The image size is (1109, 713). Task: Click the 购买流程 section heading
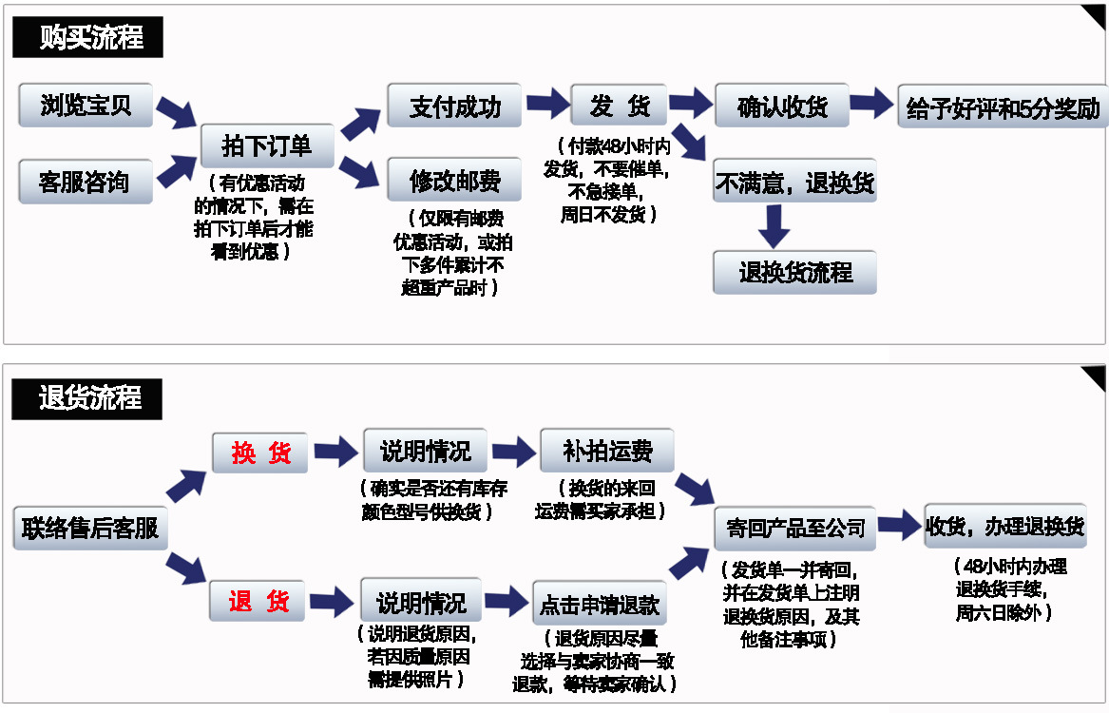pyautogui.click(x=88, y=38)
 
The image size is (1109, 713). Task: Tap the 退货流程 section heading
pyautogui.click(x=88, y=397)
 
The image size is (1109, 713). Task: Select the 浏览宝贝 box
pyautogui.click(x=86, y=106)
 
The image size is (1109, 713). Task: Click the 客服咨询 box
pyautogui.click(x=86, y=182)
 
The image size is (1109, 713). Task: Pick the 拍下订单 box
pyautogui.click(x=267, y=145)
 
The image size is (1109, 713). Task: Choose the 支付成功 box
pyautogui.click(x=454, y=106)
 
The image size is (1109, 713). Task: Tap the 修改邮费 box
pyautogui.click(x=454, y=181)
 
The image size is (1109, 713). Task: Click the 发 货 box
pyautogui.click(x=619, y=106)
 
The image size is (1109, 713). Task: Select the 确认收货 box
pyautogui.click(x=781, y=106)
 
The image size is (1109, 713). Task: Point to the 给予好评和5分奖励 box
pyautogui.click(x=1003, y=107)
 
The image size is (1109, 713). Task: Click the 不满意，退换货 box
pyautogui.click(x=794, y=181)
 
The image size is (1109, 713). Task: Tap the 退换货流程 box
pyautogui.click(x=794, y=273)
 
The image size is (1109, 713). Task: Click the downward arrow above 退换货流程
pyautogui.click(x=775, y=226)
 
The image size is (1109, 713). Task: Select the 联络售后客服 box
pyautogui.click(x=90, y=528)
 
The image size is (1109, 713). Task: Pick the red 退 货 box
pyautogui.click(x=258, y=601)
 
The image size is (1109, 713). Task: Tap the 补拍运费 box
pyautogui.click(x=606, y=451)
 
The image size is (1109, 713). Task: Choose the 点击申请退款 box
pyautogui.click(x=599, y=604)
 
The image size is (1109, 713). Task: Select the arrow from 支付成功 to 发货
pyautogui.click(x=547, y=104)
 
